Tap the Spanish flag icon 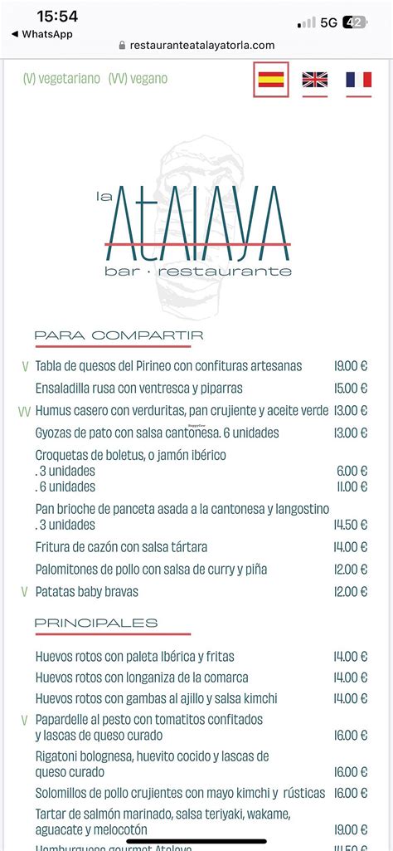(x=271, y=80)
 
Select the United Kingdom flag (x=314, y=80)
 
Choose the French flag (x=358, y=80)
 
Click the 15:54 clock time (x=58, y=17)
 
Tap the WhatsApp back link (x=42, y=34)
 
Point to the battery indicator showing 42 (x=354, y=22)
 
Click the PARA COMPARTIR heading (x=119, y=335)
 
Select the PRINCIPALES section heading (x=95, y=623)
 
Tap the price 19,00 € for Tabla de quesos (x=350, y=366)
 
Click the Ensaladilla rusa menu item (x=138, y=388)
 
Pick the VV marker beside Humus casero (x=25, y=411)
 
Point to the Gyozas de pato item (x=157, y=433)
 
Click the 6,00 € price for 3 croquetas (x=352, y=471)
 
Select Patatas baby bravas (x=86, y=592)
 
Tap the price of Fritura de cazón (x=350, y=547)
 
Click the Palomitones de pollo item (x=151, y=570)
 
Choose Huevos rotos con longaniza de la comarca (x=142, y=677)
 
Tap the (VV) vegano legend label (x=138, y=79)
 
